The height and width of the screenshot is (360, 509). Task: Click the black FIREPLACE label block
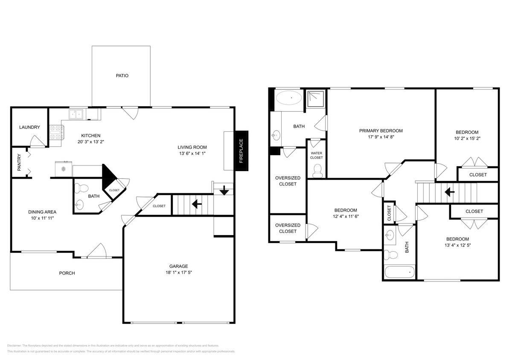click(241, 151)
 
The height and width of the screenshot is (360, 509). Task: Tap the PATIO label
click(122, 75)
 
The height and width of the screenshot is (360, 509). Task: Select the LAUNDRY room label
click(29, 127)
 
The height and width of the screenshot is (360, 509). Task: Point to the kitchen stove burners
click(56, 132)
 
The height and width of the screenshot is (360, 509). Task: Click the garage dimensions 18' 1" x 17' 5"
click(178, 272)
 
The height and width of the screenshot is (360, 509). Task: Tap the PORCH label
click(67, 273)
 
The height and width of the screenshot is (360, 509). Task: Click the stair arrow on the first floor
click(197, 204)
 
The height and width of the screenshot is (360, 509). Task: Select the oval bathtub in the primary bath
click(289, 99)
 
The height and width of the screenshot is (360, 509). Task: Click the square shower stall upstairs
click(316, 98)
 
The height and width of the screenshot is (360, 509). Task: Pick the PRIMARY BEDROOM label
click(381, 131)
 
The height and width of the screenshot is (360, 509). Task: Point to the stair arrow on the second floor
click(449, 192)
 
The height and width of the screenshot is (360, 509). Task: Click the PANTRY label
click(19, 163)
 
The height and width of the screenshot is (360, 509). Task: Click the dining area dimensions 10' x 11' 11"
click(42, 218)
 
